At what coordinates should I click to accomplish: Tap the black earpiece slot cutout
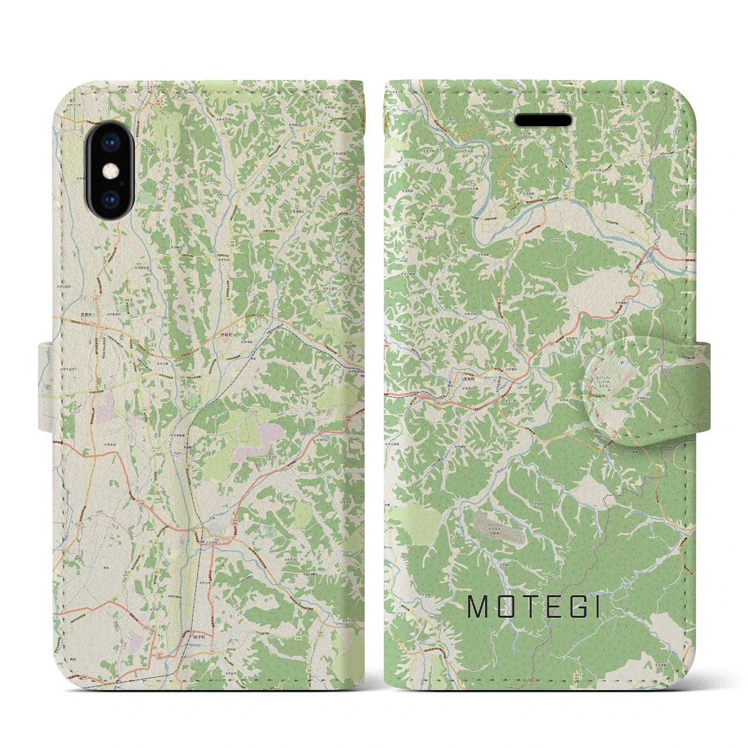543,120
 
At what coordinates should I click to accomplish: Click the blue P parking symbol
622,363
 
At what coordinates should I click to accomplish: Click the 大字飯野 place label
621,303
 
